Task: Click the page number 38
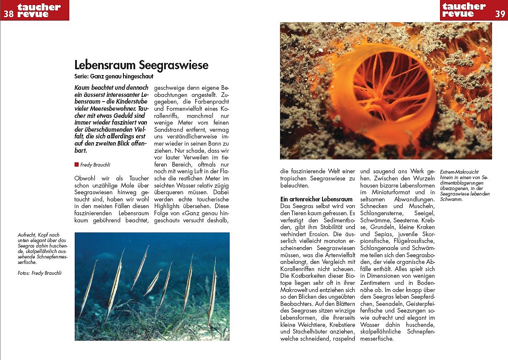(8, 14)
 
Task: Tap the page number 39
(500, 14)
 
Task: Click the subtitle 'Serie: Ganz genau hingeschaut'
(114, 77)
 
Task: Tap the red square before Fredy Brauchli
(76, 164)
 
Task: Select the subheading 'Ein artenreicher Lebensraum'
(316, 199)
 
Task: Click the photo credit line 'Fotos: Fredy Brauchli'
(40, 273)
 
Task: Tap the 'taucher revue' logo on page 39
(464, 10)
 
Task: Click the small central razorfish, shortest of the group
(153, 282)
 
